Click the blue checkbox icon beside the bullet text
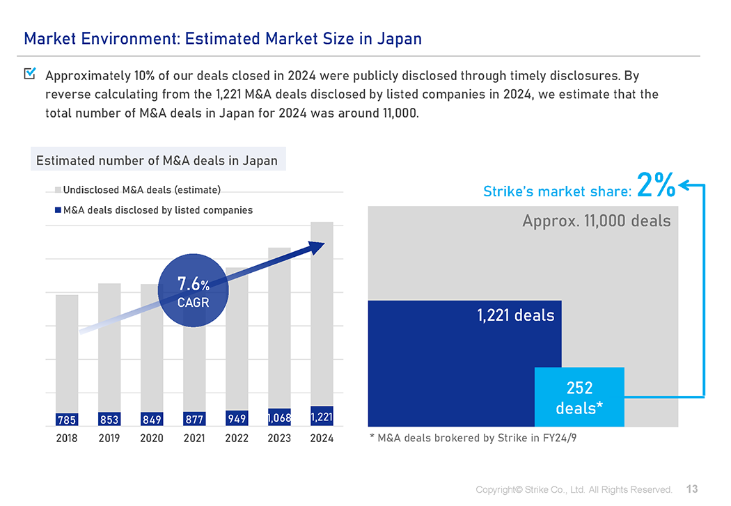click(30, 73)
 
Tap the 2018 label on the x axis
click(67, 438)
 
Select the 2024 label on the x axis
click(322, 438)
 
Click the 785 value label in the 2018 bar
click(67, 419)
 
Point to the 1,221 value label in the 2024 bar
click(322, 418)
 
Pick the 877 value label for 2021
click(194, 419)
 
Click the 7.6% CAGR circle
click(193, 292)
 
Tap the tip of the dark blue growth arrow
click(322, 244)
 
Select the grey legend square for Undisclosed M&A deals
click(58, 189)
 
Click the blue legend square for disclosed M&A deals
click(58, 209)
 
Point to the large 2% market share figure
click(656, 186)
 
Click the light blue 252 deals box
click(579, 397)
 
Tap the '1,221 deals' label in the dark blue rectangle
click(516, 315)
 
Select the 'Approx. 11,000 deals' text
click(597, 221)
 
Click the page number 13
click(692, 489)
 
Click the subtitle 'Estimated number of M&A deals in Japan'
click(157, 161)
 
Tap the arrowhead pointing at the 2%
click(683, 184)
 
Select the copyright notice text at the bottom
click(574, 489)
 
